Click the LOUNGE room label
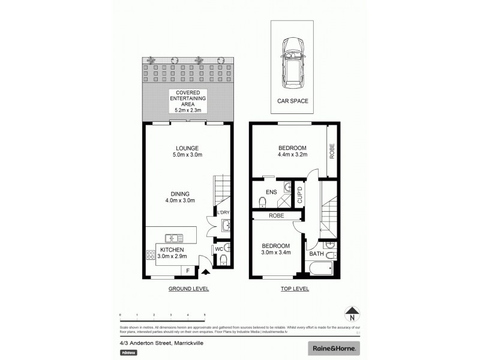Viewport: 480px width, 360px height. (x=187, y=148)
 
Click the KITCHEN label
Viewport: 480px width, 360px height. (x=171, y=250)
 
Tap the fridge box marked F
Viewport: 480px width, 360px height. (x=188, y=271)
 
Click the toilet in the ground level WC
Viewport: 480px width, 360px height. (x=223, y=260)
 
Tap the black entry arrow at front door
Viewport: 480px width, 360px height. (x=206, y=272)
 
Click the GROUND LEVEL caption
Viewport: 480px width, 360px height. (x=188, y=289)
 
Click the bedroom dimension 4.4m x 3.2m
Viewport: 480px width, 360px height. (x=292, y=154)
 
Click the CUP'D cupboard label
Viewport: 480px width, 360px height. (x=301, y=195)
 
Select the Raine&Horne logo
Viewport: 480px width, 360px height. (x=334, y=348)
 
